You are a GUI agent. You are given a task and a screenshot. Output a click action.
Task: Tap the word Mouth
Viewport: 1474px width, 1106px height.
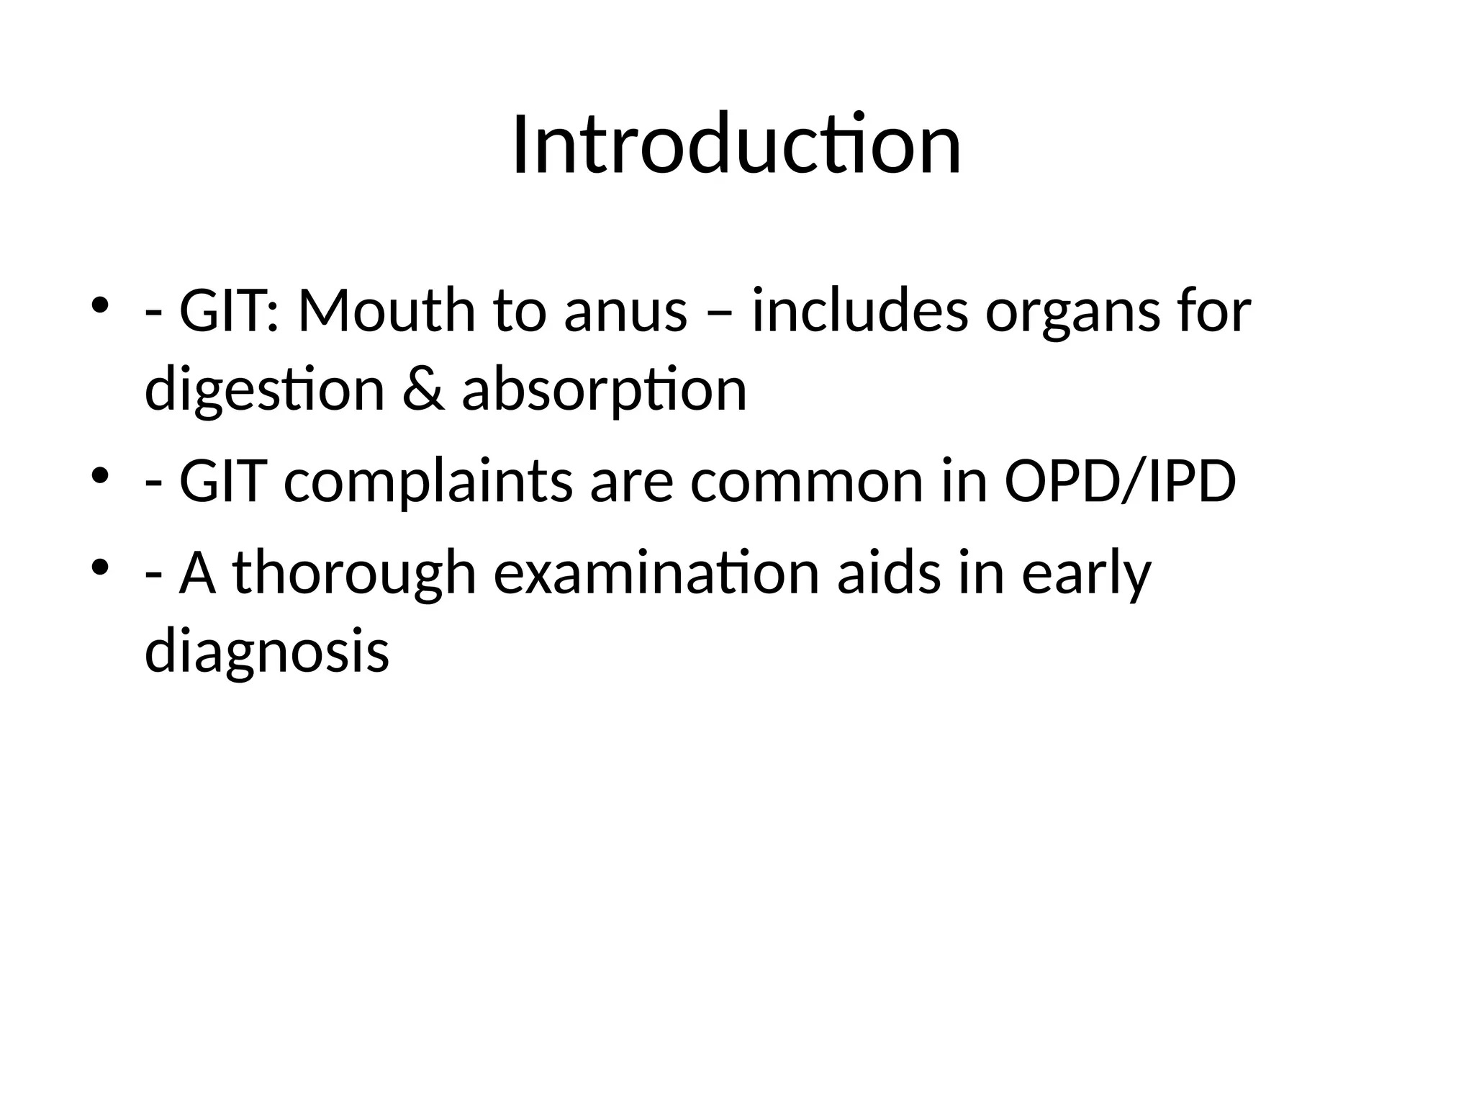[x=386, y=311]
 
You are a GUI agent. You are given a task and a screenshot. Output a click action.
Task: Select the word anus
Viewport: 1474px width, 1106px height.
[x=625, y=311]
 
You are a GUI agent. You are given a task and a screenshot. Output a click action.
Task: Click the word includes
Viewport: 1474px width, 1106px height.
[x=860, y=311]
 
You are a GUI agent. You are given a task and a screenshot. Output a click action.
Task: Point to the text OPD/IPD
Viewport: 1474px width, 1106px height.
[x=1120, y=481]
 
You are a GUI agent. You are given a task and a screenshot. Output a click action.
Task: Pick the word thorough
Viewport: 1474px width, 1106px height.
[x=355, y=574]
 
